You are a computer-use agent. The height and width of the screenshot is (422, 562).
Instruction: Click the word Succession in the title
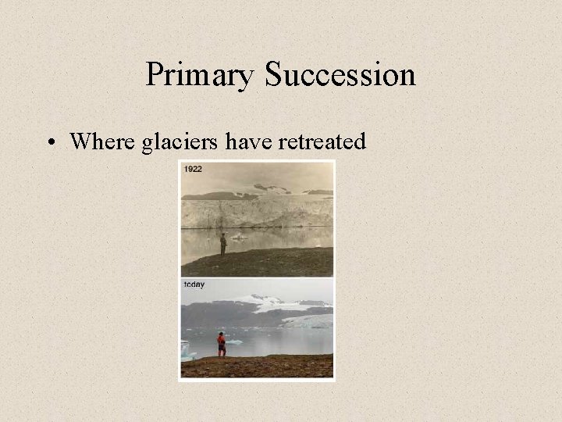tap(340, 76)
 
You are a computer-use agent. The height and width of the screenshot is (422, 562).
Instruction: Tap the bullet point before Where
tap(51, 142)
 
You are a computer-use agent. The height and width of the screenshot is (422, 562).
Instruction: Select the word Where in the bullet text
tap(100, 141)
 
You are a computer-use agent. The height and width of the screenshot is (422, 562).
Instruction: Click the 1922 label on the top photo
tap(192, 168)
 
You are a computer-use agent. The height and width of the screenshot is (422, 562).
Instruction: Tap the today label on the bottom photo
tap(194, 284)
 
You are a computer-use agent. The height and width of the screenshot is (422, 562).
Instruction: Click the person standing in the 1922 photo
tap(223, 243)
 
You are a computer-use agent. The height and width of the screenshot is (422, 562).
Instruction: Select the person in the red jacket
tap(222, 344)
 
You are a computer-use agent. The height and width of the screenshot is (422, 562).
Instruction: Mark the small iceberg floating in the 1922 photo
tap(238, 236)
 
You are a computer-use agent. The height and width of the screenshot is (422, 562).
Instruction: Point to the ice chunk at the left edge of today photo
tap(186, 349)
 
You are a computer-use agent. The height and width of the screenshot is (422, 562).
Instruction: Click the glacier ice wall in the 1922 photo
tap(258, 212)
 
